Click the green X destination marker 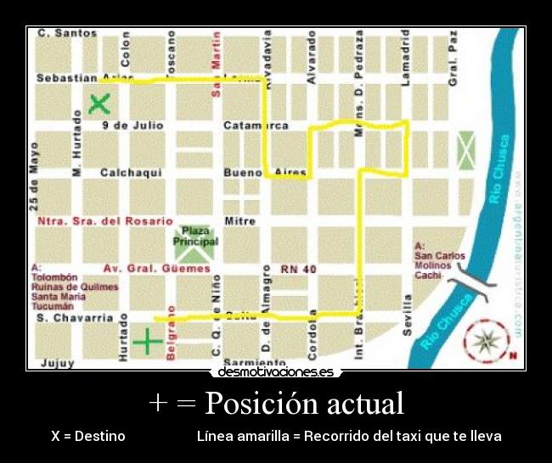[100, 104]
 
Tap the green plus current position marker [148, 340]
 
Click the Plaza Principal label [195, 236]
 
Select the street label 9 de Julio [132, 126]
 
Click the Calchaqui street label [131, 173]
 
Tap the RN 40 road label [298, 269]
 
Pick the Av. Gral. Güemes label [156, 269]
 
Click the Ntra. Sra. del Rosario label [105, 221]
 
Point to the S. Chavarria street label [75, 318]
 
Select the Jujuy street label [57, 363]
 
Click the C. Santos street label [67, 33]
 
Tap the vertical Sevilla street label [408, 315]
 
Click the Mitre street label [239, 221]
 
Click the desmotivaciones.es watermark [276, 372]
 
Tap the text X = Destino [87, 436]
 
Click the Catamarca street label [256, 126]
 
